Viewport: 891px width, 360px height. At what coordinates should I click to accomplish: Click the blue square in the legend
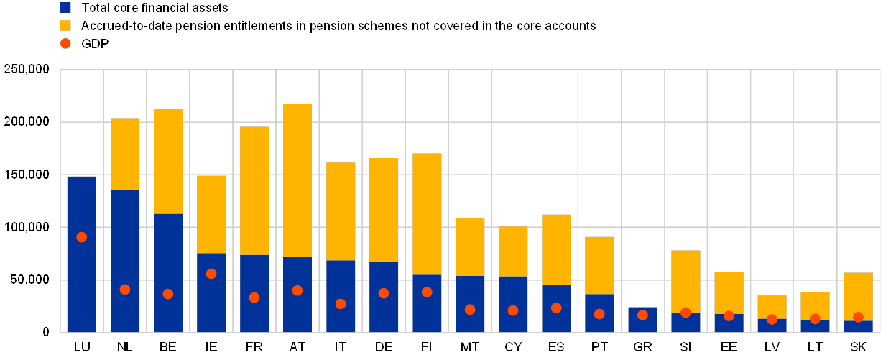coord(65,8)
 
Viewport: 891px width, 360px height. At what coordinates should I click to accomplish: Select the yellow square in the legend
coord(65,26)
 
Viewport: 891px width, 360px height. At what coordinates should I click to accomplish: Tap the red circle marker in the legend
coord(65,43)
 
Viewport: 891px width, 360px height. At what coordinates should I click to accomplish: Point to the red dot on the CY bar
coord(513,310)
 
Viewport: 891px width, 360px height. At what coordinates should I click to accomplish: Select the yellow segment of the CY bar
coord(513,251)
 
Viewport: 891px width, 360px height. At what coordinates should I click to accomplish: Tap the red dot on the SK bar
coord(858,317)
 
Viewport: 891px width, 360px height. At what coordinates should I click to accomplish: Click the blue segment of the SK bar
coord(858,326)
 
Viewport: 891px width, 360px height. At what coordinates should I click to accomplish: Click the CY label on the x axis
coord(513,347)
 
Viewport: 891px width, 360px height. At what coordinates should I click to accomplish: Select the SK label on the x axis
coord(858,347)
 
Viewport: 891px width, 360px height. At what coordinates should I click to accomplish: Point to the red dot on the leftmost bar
coord(82,237)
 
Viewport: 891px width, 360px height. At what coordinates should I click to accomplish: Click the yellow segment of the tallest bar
coord(297,180)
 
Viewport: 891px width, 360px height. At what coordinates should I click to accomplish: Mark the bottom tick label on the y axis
coord(45,332)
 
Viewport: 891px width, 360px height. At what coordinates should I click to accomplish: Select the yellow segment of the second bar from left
coord(125,154)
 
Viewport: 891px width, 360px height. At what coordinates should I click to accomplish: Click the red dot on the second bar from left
coord(125,290)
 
